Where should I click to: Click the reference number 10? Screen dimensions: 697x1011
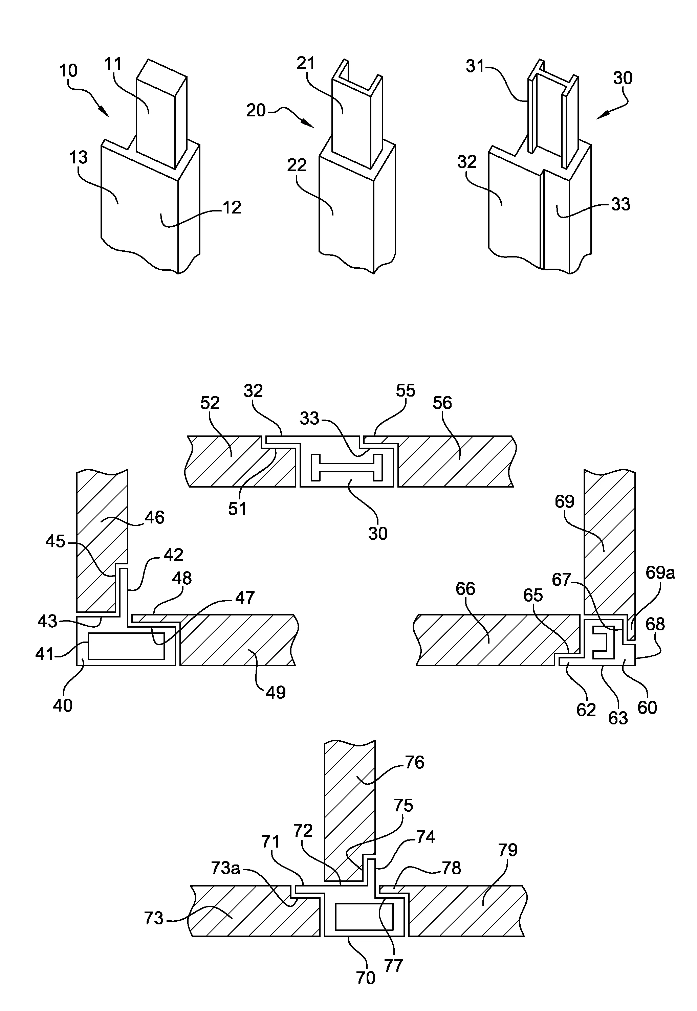tap(68, 71)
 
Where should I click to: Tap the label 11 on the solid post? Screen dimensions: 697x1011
tap(113, 64)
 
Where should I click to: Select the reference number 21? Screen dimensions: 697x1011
tap(306, 64)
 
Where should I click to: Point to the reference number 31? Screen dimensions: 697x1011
tap(475, 66)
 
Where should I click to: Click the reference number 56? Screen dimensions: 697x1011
tap(442, 403)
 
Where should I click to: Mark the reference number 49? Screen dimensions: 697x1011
tap(276, 692)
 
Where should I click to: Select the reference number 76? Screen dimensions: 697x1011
tap(414, 762)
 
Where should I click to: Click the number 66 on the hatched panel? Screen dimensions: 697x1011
tap(465, 589)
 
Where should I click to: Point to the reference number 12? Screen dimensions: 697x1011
tap(232, 207)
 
